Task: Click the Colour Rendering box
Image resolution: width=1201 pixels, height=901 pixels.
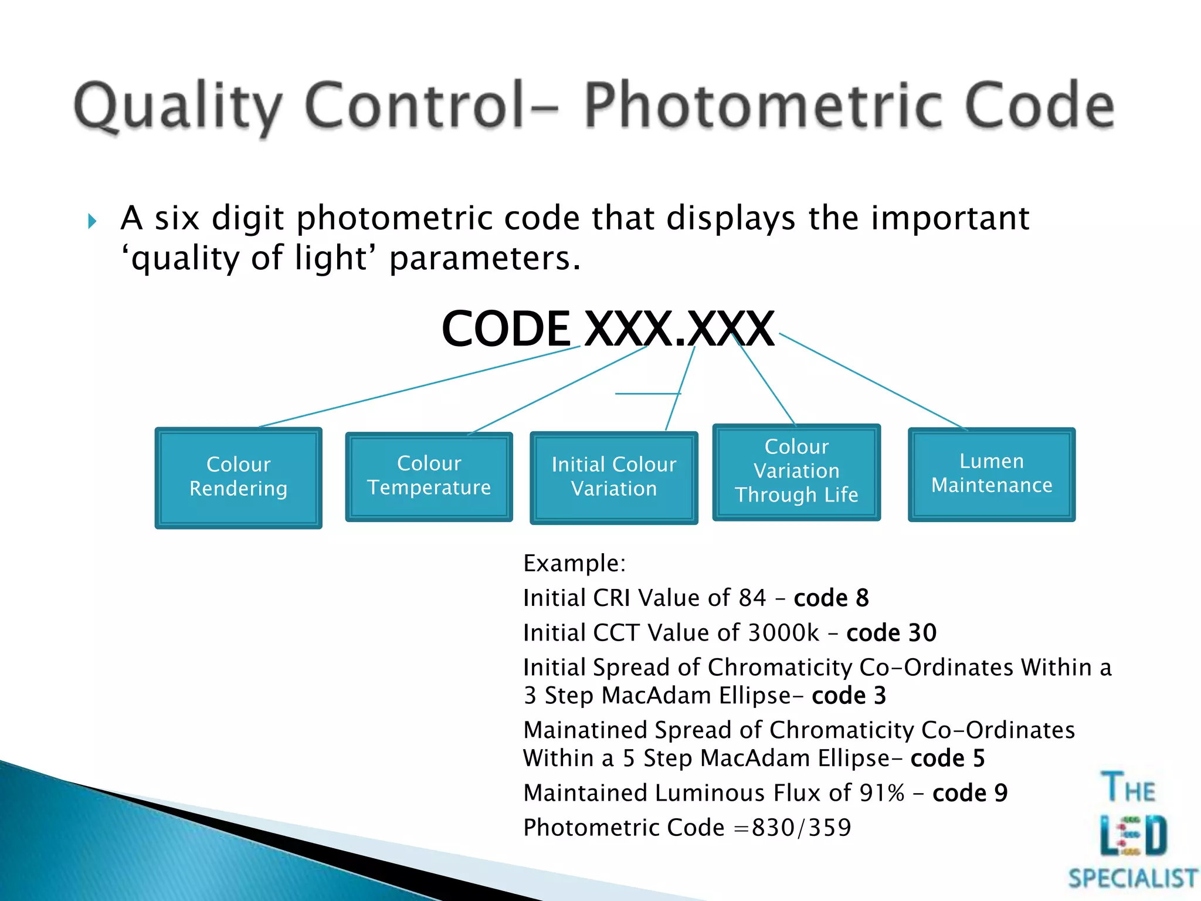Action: [238, 477]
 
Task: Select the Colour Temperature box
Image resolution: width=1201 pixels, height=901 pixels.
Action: [429, 476]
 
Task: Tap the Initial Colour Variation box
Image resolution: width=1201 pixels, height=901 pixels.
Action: [613, 477]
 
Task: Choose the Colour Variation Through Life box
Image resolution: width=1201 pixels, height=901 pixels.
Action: [796, 471]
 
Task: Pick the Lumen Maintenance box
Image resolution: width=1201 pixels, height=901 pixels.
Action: [991, 473]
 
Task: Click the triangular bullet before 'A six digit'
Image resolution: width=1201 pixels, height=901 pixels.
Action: [92, 221]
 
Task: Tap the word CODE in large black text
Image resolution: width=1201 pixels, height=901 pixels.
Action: [505, 329]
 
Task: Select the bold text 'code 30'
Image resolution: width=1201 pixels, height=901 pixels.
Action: [891, 633]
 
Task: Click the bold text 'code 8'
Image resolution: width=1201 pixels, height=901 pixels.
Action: [831, 598]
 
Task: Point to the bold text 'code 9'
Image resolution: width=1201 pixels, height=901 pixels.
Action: [969, 793]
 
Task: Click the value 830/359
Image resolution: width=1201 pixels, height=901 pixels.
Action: [801, 828]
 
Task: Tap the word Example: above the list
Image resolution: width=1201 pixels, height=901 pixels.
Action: [574, 563]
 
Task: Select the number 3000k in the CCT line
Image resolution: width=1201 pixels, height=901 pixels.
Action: [783, 633]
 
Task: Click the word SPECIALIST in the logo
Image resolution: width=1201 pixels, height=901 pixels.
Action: [1132, 878]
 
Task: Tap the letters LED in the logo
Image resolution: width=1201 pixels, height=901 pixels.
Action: [1133, 835]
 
